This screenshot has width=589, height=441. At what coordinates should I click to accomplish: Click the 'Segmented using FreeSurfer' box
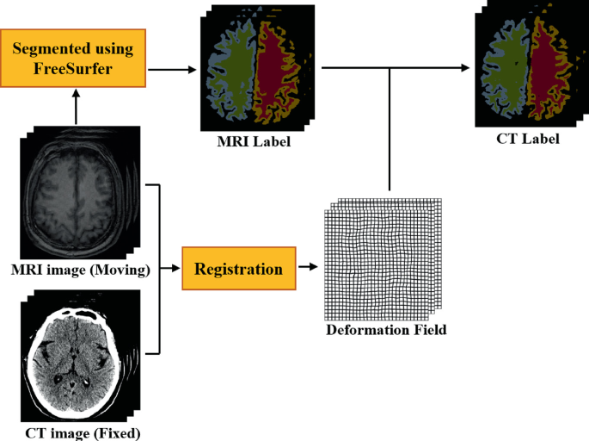(x=76, y=58)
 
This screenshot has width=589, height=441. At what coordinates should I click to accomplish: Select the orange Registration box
(x=238, y=269)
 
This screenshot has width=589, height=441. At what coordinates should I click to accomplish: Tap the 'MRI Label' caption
(x=254, y=141)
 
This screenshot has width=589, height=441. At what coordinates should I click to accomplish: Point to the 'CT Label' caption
(x=528, y=137)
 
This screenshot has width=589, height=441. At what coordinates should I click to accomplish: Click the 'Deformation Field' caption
(x=385, y=330)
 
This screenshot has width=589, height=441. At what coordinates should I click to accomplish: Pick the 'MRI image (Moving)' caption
(x=80, y=270)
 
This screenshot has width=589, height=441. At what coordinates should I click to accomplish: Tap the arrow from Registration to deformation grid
(x=306, y=269)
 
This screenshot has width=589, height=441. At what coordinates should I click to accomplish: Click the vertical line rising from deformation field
(x=390, y=129)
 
